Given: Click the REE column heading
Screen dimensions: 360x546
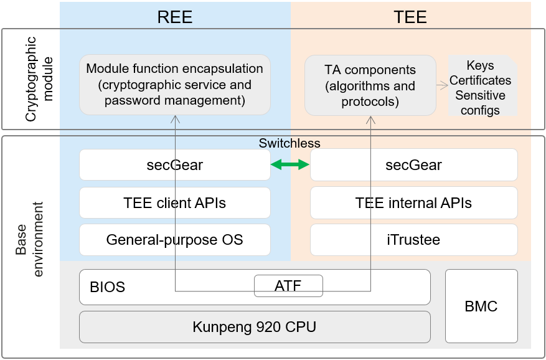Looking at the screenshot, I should click(175, 17).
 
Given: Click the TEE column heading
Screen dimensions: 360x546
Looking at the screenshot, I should click(410, 17).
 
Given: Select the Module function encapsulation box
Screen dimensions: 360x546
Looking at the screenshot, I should click(175, 85).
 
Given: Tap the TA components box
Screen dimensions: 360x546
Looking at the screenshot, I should click(370, 85).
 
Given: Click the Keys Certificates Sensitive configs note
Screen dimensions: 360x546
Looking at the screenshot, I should click(481, 88).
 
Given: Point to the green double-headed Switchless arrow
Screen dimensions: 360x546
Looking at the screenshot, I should click(290, 165).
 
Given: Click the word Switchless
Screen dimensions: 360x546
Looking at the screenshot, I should click(289, 143).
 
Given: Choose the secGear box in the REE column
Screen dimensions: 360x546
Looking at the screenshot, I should click(175, 165).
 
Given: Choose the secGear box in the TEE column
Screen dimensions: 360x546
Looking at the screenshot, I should click(413, 165).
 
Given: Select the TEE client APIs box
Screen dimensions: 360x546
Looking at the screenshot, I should click(175, 202).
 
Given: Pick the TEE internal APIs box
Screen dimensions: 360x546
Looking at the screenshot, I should click(413, 202).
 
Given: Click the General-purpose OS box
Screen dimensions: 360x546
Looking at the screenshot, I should click(175, 240).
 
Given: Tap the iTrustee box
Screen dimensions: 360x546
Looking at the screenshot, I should click(413, 240).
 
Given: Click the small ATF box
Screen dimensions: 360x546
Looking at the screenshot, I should click(288, 287).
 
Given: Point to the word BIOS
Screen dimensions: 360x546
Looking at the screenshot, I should click(108, 287).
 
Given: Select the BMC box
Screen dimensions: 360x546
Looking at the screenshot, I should click(481, 306).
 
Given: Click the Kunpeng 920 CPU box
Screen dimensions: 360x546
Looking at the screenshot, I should click(255, 326).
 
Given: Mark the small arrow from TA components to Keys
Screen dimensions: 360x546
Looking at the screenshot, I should click(443, 85).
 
